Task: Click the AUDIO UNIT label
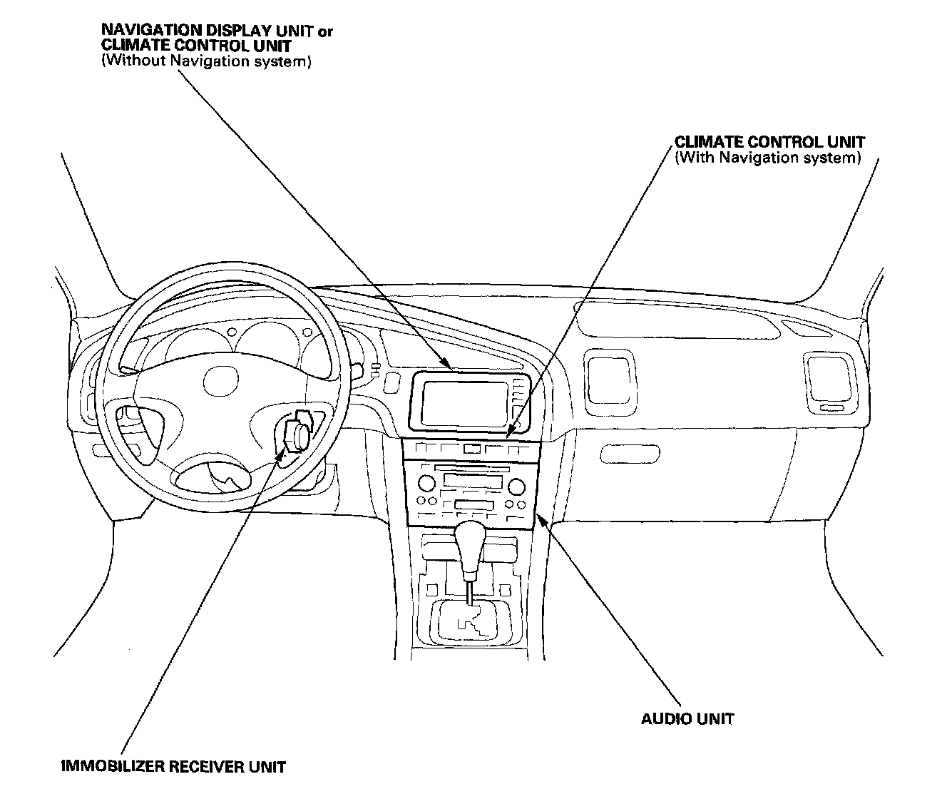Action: (687, 718)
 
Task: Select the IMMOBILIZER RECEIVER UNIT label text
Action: (173, 768)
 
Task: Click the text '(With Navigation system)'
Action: (767, 158)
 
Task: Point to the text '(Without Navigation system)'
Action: (206, 61)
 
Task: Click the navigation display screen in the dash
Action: (464, 402)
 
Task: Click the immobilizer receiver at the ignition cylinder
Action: (296, 435)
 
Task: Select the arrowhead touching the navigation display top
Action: (449, 367)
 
